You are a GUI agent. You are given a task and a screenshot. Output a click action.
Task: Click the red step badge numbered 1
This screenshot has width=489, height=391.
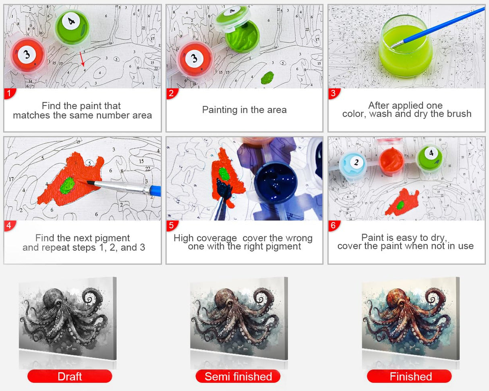pyautogui.click(x=10, y=93)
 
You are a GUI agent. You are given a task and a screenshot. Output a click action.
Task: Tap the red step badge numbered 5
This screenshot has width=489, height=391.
pyautogui.click(x=172, y=225)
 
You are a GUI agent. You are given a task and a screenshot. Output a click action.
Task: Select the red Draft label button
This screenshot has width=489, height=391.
pyautogui.click(x=70, y=377)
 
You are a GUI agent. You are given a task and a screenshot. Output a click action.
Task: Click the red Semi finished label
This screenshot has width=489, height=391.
pyautogui.click(x=238, y=377)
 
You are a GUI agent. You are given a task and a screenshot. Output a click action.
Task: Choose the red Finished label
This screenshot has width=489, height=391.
pyautogui.click(x=409, y=377)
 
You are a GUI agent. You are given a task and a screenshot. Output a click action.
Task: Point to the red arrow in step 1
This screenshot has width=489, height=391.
pyautogui.click(x=82, y=59)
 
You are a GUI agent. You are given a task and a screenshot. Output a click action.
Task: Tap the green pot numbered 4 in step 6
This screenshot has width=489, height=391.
pyautogui.click(x=429, y=158)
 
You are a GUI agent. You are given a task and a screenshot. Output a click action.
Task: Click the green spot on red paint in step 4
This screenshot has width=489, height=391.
pyautogui.click(x=68, y=185)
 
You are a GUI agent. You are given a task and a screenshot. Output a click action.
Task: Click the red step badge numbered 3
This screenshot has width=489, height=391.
pyautogui.click(x=334, y=93)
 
